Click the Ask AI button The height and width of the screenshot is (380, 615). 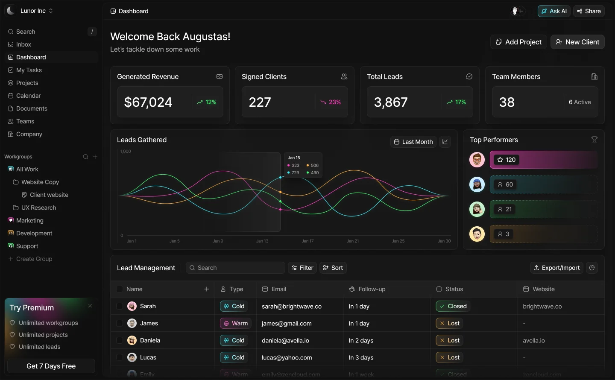(554, 11)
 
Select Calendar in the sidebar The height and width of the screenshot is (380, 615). (28, 96)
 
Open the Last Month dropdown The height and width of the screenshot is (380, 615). (413, 142)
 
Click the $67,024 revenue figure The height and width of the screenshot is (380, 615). (148, 102)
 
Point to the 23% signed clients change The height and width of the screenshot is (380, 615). (331, 102)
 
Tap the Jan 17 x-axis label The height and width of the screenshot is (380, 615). (307, 241)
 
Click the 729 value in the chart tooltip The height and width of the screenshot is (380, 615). (295, 172)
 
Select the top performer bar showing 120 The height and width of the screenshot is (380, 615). (543, 160)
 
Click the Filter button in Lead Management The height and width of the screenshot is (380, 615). (302, 268)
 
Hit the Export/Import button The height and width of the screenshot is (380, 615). (556, 268)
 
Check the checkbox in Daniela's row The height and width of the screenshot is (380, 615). (120, 340)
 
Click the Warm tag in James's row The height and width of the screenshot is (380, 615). (236, 323)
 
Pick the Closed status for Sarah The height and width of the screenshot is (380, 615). (453, 306)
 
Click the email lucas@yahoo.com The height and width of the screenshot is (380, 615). (287, 357)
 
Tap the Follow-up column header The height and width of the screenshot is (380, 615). (372, 289)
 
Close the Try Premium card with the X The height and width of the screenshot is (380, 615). (90, 306)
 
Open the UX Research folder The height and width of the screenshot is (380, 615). (38, 208)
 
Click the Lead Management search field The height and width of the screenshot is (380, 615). (235, 268)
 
